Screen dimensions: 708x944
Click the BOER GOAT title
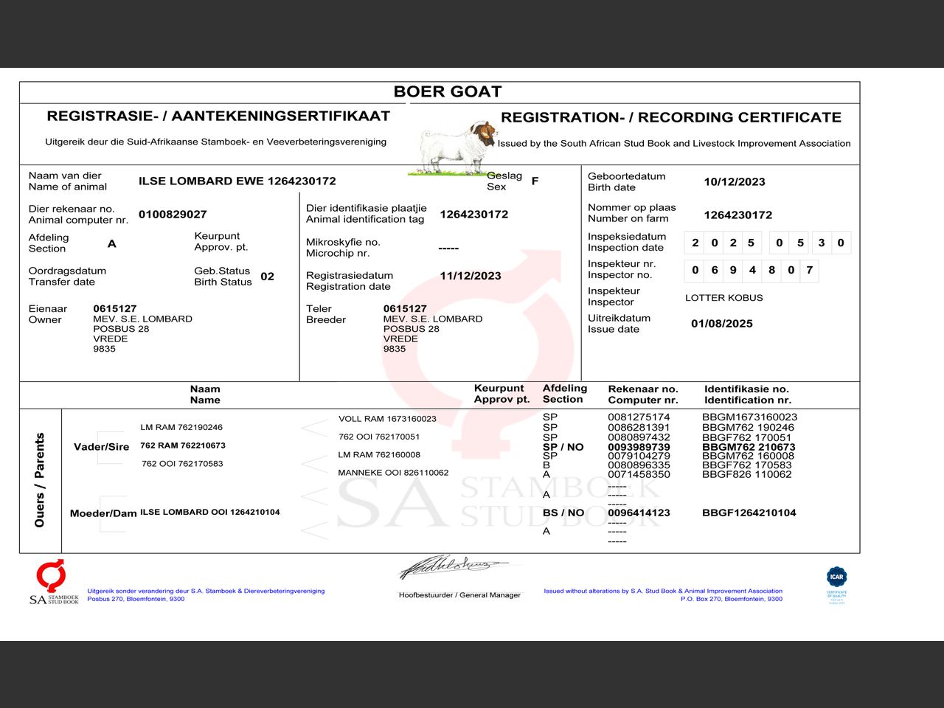(448, 91)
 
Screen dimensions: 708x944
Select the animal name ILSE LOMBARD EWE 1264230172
(237, 181)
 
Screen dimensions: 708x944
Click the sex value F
(535, 181)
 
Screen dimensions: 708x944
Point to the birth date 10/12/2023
(734, 181)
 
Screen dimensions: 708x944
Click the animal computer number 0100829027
(173, 214)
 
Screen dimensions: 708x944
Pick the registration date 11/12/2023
(470, 276)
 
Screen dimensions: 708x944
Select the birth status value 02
(267, 277)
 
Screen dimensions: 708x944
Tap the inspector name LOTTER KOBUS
(723, 298)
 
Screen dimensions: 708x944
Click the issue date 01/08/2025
(721, 324)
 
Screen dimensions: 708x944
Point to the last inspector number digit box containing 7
(809, 271)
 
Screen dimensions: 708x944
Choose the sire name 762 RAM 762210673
(183, 445)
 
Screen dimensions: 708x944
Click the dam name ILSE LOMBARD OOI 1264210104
(210, 512)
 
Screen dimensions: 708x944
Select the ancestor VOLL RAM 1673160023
(387, 419)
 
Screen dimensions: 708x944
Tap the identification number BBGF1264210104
(749, 513)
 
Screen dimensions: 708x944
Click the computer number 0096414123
(639, 513)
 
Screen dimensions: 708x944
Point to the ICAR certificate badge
(836, 584)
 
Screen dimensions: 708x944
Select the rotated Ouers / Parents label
(40, 479)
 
